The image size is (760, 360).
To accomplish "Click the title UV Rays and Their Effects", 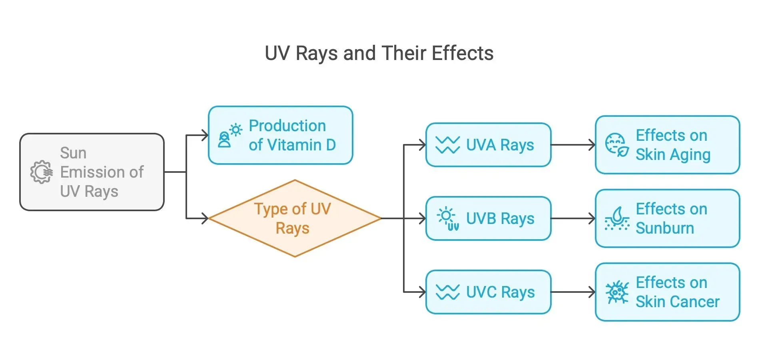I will pyautogui.click(x=379, y=53).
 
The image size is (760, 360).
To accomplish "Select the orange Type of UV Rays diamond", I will pyautogui.click(x=294, y=218).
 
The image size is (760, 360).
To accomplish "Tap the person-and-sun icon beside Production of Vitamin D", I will pyautogui.click(x=229, y=135).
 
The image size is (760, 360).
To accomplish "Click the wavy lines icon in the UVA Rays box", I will pyautogui.click(x=447, y=145).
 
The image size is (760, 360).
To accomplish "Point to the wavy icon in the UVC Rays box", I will pyautogui.click(x=447, y=292).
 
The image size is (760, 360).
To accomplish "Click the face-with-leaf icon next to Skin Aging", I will pyautogui.click(x=616, y=145).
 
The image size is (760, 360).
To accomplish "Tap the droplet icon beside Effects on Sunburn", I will pyautogui.click(x=617, y=218).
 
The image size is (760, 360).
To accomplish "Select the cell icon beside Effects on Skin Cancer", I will pyautogui.click(x=616, y=292).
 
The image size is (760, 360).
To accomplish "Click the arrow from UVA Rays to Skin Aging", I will pyautogui.click(x=573, y=145).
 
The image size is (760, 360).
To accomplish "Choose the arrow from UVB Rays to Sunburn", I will pyautogui.click(x=573, y=218).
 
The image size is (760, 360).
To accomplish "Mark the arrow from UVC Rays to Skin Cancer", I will pyautogui.click(x=573, y=292).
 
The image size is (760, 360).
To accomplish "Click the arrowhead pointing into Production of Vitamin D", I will pyautogui.click(x=205, y=135).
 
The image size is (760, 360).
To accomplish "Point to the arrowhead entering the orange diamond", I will pyautogui.click(x=205, y=218).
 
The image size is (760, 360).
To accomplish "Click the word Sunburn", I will pyautogui.click(x=664, y=228).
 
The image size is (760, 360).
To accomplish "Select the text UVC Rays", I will pyautogui.click(x=500, y=292).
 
